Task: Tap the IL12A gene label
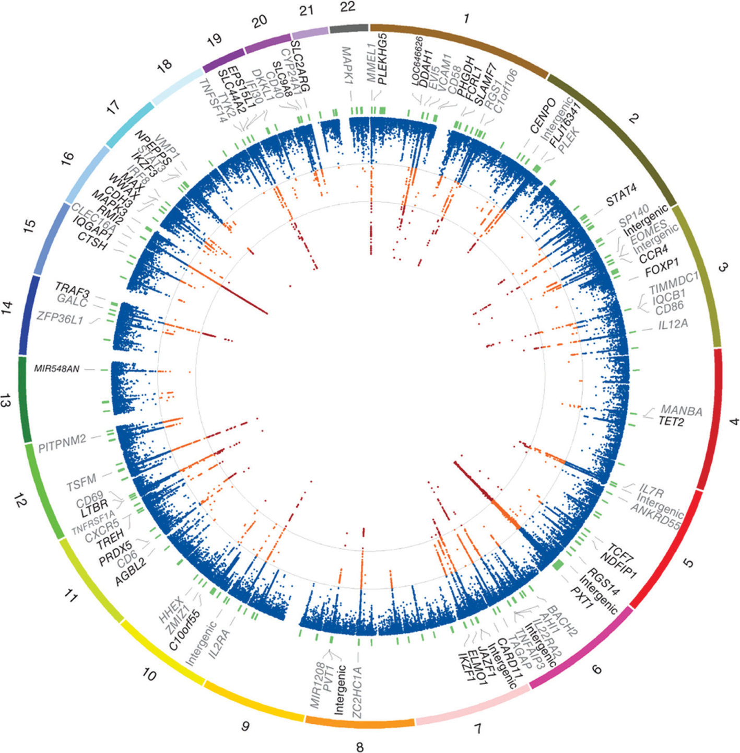[673, 325]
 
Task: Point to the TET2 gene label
[671, 422]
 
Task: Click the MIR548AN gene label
[57, 369]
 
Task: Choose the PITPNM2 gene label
[62, 443]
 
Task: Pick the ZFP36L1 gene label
[60, 318]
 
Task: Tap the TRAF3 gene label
[73, 289]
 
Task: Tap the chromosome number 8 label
[360, 746]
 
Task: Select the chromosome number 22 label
[347, 7]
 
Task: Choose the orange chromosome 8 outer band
[359, 723]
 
